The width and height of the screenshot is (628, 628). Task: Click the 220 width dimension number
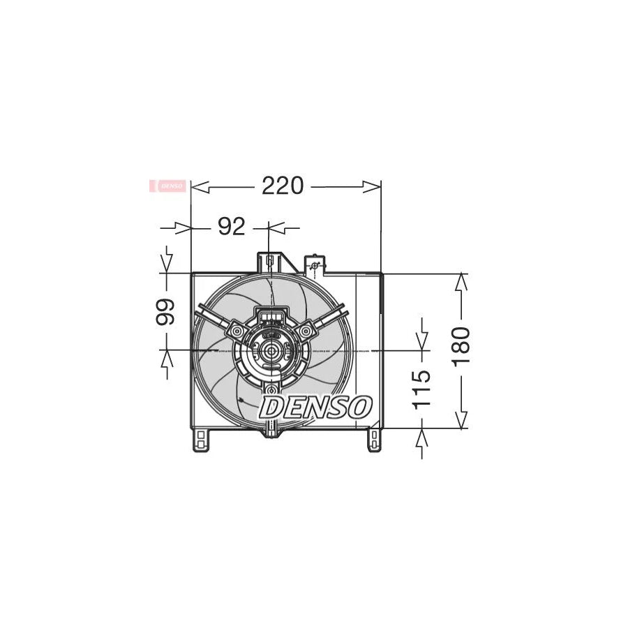pos(283,186)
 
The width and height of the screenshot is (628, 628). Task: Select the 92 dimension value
pos(232,227)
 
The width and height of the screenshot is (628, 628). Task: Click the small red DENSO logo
pos(168,186)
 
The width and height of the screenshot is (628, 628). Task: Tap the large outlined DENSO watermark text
pos(315,407)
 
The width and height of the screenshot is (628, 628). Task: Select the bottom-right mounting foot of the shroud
pos(375,439)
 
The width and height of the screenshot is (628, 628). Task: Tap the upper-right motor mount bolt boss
pos(305,329)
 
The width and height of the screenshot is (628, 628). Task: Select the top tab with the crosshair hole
pos(315,264)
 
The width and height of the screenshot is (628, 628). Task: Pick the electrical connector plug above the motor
pos(271,318)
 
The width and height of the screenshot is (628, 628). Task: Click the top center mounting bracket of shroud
pos(269,262)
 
